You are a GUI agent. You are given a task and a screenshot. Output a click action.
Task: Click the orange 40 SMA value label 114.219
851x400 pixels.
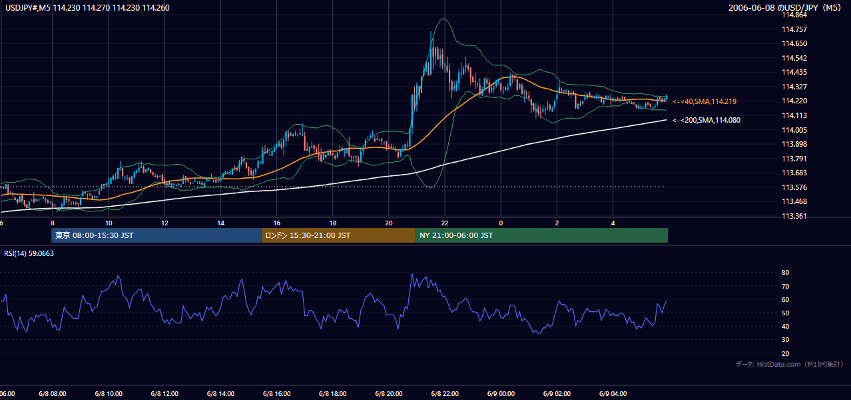click(x=705, y=101)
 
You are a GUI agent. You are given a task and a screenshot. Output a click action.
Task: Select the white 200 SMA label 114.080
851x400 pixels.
click(x=707, y=120)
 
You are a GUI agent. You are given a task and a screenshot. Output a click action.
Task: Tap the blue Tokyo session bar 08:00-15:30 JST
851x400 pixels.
click(x=156, y=235)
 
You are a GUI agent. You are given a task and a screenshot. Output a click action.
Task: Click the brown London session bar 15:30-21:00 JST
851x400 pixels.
click(x=338, y=235)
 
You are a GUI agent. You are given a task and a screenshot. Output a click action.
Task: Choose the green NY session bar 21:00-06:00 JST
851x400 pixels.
click(x=542, y=235)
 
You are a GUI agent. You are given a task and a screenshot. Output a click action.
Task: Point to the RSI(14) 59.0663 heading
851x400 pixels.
click(x=29, y=253)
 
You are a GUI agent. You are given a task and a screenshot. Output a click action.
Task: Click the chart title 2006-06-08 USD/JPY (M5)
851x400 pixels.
click(x=784, y=7)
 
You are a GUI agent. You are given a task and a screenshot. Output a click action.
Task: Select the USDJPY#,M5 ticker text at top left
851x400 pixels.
click(x=28, y=7)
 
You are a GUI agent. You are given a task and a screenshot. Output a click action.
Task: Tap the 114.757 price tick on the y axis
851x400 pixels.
click(x=794, y=29)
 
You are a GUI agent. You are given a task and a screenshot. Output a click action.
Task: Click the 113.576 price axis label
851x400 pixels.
click(x=794, y=187)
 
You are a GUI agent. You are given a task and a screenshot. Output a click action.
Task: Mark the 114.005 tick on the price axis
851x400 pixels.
click(x=794, y=130)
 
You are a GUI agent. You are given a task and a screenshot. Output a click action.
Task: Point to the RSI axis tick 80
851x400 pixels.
click(x=785, y=272)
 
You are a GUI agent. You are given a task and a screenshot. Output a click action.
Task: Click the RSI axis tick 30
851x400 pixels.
click(x=785, y=339)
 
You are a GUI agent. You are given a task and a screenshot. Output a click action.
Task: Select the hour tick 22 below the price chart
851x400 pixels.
click(x=445, y=223)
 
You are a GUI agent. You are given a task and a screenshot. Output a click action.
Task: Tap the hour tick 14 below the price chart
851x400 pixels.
click(x=220, y=223)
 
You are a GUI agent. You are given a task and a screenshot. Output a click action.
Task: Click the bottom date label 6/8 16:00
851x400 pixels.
click(x=276, y=394)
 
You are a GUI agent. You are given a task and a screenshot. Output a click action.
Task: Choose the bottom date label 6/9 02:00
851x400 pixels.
click(x=557, y=394)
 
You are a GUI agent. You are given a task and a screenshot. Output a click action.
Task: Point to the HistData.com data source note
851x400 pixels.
click(x=790, y=364)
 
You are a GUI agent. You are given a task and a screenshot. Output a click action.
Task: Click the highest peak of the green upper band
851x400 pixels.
click(x=443, y=18)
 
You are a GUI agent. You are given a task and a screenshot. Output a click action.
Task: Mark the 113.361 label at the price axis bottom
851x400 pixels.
click(x=794, y=216)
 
